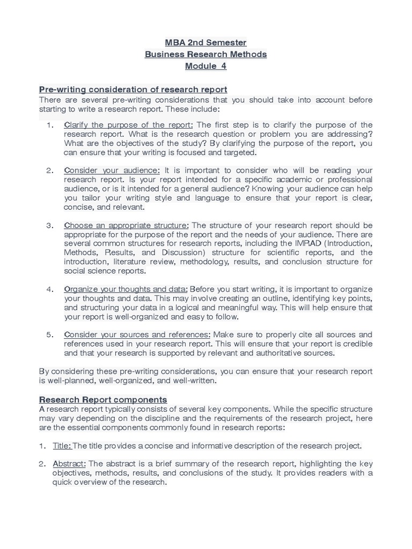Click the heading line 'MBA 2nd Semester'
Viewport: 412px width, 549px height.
[206, 42]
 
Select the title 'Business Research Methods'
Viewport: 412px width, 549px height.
[206, 54]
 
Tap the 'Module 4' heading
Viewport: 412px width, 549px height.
[206, 66]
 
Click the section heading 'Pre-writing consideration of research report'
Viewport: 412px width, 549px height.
[133, 90]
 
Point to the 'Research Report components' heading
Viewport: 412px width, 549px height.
[103, 400]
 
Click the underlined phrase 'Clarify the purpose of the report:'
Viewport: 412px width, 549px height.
[129, 125]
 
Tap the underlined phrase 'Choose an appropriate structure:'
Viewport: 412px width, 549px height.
[126, 225]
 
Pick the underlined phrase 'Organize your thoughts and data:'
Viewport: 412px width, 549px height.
[126, 289]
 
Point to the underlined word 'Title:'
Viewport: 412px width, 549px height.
[62, 446]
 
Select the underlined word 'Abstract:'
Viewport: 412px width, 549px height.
[69, 464]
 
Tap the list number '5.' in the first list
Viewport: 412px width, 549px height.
[50, 335]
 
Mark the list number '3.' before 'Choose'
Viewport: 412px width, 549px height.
[50, 225]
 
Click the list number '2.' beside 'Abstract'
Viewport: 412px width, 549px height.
[42, 464]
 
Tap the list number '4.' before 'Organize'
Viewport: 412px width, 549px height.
[50, 289]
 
